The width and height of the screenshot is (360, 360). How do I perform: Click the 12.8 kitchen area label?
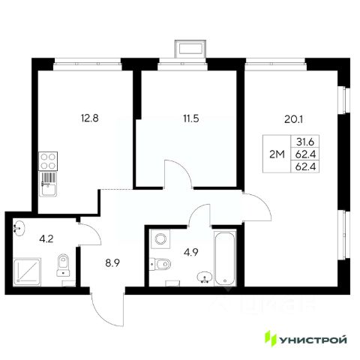click(90, 118)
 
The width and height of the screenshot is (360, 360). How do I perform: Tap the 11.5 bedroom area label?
click(190, 118)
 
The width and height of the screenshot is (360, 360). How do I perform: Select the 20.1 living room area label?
click(293, 120)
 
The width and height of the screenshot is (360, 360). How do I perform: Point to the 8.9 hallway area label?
click(112, 263)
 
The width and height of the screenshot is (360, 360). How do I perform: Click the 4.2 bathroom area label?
click(46, 239)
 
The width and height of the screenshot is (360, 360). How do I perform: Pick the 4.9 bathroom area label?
click(191, 252)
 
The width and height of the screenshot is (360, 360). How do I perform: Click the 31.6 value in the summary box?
click(305, 142)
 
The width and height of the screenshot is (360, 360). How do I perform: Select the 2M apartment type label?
click(277, 154)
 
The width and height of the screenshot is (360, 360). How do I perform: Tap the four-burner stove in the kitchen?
click(48, 161)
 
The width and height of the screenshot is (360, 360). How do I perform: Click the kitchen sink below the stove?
click(48, 184)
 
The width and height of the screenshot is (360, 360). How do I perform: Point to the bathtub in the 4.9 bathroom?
click(225, 258)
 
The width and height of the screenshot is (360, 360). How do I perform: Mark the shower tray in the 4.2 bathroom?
click(27, 272)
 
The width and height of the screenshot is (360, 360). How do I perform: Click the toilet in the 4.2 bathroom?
click(63, 265)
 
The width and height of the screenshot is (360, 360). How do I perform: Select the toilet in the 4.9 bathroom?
click(160, 263)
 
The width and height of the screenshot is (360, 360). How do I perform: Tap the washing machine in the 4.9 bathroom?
click(160, 239)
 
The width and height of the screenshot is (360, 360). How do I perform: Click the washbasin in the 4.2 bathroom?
click(19, 228)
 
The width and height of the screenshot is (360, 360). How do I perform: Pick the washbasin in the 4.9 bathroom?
click(205, 277)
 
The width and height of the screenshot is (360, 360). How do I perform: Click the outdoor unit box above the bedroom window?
click(190, 49)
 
